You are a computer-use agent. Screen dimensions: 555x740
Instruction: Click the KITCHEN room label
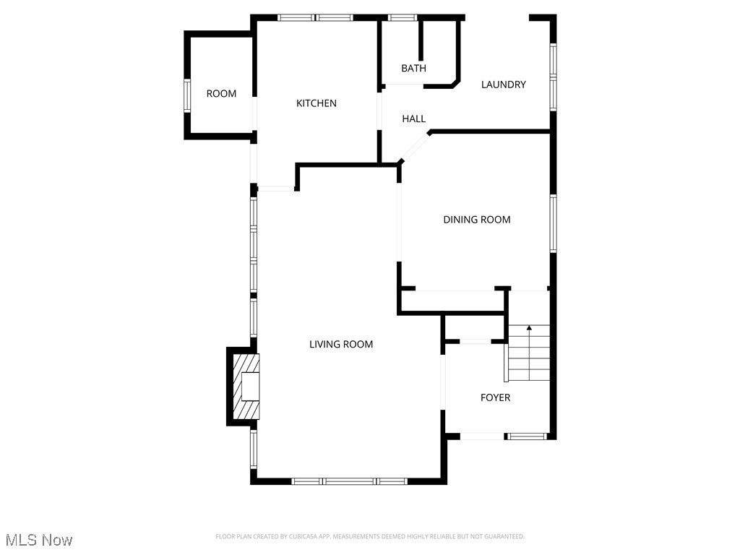pyautogui.click(x=317, y=103)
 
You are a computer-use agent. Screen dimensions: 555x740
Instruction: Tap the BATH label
pyautogui.click(x=413, y=69)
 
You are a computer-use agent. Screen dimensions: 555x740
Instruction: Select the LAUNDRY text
pyautogui.click(x=504, y=85)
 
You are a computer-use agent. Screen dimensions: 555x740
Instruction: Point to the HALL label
pyautogui.click(x=414, y=119)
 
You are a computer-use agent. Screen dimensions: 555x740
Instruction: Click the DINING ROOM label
pyautogui.click(x=477, y=220)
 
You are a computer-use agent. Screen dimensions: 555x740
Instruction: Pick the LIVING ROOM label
pyautogui.click(x=341, y=344)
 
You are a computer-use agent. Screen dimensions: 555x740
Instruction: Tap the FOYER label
pyautogui.click(x=496, y=397)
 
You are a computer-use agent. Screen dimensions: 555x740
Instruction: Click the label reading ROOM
pyautogui.click(x=221, y=93)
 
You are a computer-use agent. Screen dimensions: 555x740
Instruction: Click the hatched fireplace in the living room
pyautogui.click(x=244, y=386)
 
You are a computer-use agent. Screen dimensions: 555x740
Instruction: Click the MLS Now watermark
pyautogui.click(x=39, y=540)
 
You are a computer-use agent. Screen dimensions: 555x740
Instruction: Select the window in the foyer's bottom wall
pyautogui.click(x=527, y=436)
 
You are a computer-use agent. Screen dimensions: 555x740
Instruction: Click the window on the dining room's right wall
pyautogui.click(x=554, y=223)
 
